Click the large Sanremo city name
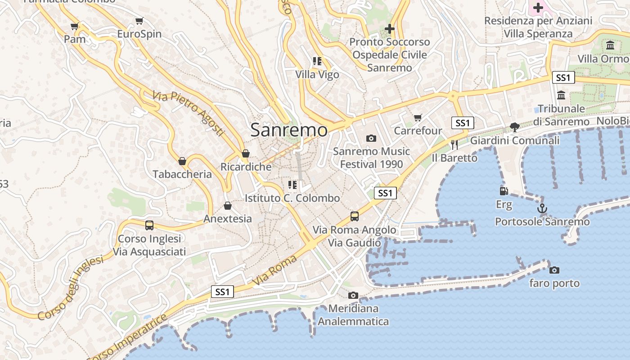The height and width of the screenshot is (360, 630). coord(289,130)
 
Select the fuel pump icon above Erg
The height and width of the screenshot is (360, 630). coord(504,191)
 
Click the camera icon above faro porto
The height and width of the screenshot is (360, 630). coord(554,270)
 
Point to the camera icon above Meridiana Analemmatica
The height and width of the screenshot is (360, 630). coord(353,295)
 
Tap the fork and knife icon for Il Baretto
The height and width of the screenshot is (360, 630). coord(454,144)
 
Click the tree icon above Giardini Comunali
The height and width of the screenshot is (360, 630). coord(515,127)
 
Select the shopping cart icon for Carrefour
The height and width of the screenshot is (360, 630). coord(418,117)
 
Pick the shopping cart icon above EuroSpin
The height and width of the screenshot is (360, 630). coord(139,21)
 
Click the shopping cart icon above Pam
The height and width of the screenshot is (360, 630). coord(75,26)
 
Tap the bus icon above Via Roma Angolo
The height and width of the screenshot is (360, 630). coord(355,216)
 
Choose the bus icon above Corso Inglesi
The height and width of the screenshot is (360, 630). coord(149,225)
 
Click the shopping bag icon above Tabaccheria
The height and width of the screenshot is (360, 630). coord(182,161)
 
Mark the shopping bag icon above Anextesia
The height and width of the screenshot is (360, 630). coord(228,205)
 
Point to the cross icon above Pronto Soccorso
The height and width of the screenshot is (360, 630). coord(390,29)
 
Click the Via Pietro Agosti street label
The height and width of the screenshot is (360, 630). coord(188,113)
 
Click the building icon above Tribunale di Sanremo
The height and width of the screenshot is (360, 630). coord(561,95)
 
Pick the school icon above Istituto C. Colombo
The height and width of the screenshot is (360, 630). coord(292,184)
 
